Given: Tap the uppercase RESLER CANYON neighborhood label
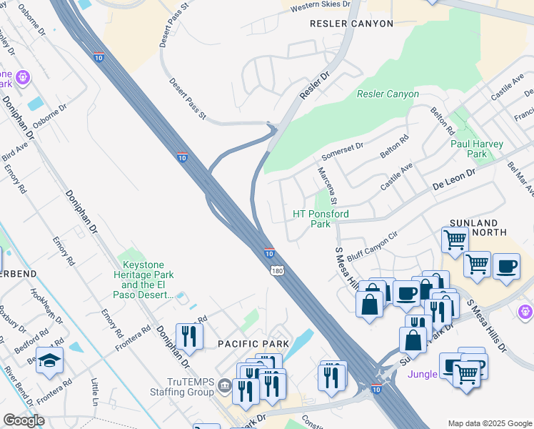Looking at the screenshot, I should coord(351,24).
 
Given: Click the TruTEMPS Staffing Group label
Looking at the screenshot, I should coord(181,387).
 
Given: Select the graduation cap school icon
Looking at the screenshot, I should coord(50,359).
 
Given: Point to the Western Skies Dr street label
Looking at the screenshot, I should coord(320,4).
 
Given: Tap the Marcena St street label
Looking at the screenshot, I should coord(328,185).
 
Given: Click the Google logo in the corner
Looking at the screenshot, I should coord(24,420).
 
